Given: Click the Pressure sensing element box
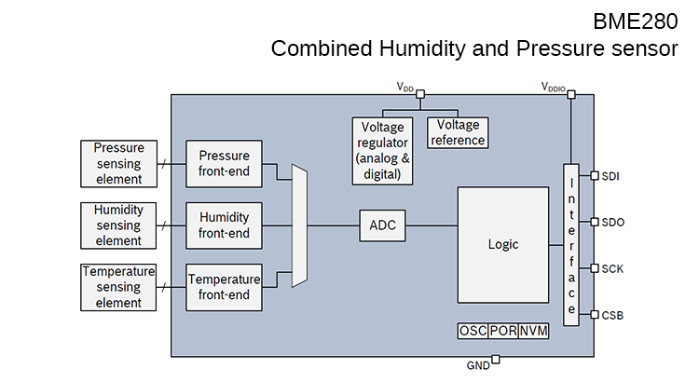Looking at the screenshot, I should [x=118, y=163].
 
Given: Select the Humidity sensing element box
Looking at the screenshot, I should [x=118, y=225].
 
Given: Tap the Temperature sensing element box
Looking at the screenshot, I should [x=118, y=287].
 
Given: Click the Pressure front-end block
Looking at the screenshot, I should [x=224, y=163].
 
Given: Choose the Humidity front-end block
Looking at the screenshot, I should [x=224, y=225].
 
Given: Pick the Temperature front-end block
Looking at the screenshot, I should [x=224, y=287].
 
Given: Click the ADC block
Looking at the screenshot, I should [x=382, y=225].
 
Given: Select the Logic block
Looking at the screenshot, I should [x=502, y=244].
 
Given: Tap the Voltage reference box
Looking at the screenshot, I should [x=458, y=132].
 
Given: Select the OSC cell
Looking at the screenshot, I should [x=472, y=332].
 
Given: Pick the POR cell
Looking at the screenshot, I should [x=502, y=332].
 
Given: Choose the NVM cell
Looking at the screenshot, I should [x=533, y=332].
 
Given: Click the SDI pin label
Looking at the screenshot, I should [x=610, y=175].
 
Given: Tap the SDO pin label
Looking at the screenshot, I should [x=612, y=222].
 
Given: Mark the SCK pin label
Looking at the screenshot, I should [x=612, y=268].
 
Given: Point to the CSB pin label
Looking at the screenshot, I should [x=612, y=315].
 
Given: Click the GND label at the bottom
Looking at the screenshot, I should [x=477, y=366].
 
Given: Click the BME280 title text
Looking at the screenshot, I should [x=635, y=20].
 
